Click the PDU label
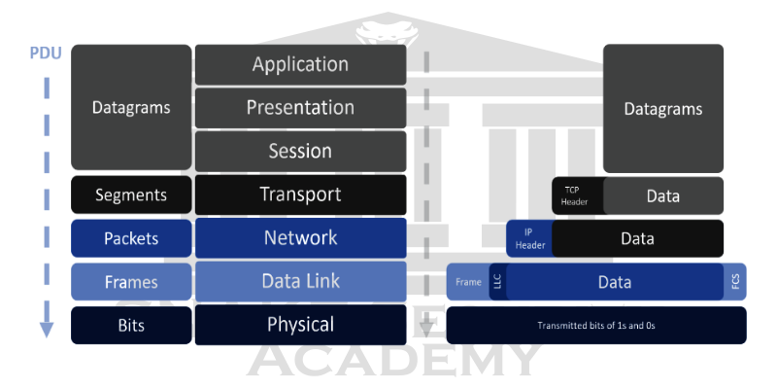tap(46, 53)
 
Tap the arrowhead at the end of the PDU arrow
tap(46, 331)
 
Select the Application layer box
tap(300, 65)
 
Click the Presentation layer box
tap(300, 108)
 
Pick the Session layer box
tap(300, 152)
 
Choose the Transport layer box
tap(300, 194)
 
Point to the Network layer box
tap(300, 238)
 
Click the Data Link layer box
tap(300, 282)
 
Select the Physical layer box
tap(300, 325)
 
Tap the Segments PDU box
tap(131, 194)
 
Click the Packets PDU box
tap(131, 238)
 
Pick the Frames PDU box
tap(131, 282)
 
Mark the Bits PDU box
tap(131, 325)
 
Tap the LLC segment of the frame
tap(496, 282)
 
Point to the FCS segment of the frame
tap(735, 282)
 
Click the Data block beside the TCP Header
tap(663, 195)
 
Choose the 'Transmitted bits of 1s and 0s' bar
tap(595, 325)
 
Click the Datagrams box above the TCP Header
tap(663, 109)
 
